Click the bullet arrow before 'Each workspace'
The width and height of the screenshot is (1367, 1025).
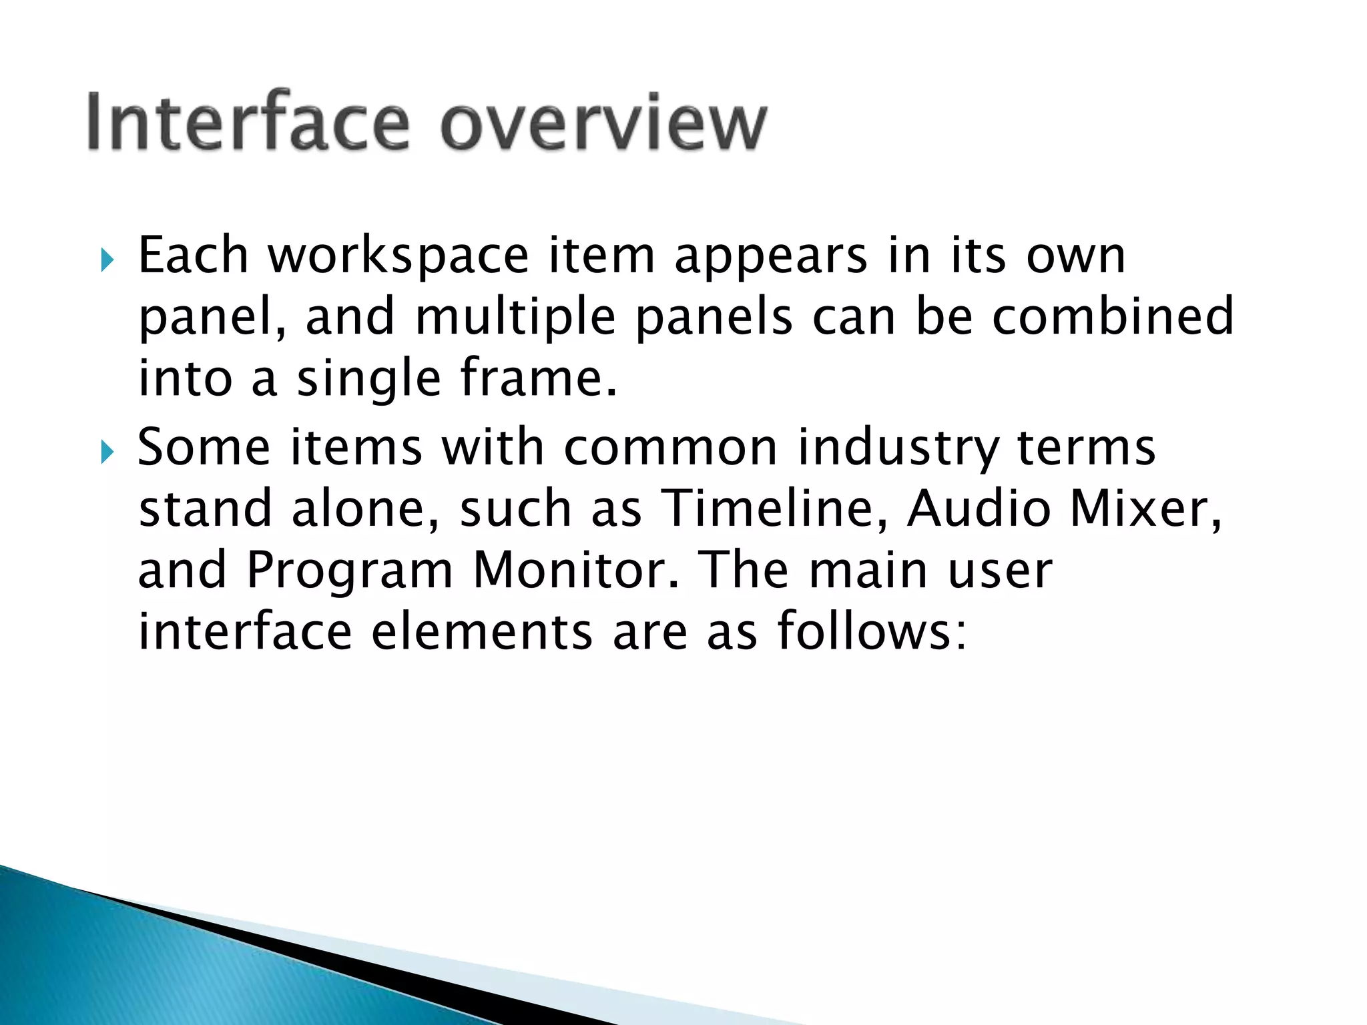click(107, 260)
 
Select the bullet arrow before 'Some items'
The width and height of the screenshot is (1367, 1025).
click(107, 452)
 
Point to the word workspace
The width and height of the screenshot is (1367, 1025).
click(398, 256)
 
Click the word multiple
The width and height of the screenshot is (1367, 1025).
click(515, 318)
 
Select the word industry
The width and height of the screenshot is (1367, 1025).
click(898, 448)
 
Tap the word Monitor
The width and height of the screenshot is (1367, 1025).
click(576, 571)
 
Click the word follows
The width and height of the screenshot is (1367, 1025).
click(871, 631)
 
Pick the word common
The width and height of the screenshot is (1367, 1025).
click(671, 448)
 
